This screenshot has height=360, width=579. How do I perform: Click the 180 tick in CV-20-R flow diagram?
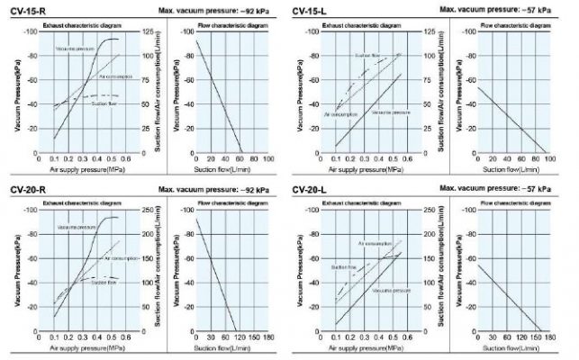(268, 337)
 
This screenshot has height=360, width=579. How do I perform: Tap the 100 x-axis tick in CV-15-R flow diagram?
(268, 158)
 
